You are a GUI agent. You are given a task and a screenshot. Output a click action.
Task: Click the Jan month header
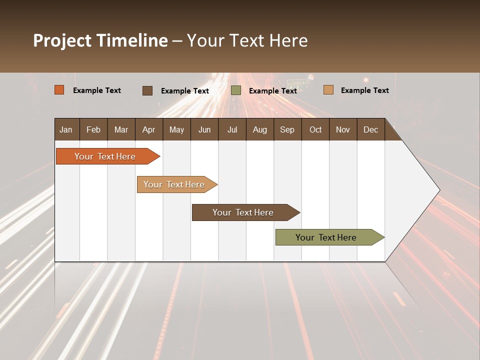click(66, 130)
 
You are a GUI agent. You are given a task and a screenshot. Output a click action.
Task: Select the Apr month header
click(148, 130)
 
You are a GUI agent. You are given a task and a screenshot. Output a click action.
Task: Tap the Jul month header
click(232, 130)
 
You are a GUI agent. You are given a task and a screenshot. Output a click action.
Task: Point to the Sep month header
click(287, 130)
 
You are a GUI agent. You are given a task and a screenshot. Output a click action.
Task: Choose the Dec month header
click(370, 130)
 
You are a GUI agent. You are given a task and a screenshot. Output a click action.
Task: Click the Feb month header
click(93, 130)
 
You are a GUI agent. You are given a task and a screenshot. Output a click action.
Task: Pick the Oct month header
click(315, 130)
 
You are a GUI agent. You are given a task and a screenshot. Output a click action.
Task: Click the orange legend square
click(59, 90)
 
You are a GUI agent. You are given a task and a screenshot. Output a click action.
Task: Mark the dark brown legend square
click(147, 90)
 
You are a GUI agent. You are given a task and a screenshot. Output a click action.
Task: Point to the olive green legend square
click(236, 90)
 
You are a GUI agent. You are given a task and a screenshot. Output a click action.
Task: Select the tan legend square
click(328, 90)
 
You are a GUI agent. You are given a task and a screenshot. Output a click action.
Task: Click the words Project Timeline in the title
click(100, 40)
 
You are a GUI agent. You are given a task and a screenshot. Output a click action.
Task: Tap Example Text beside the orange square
click(97, 90)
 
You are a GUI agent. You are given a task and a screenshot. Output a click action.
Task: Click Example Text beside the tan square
click(364, 90)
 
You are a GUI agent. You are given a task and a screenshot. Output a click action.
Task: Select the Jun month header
click(204, 130)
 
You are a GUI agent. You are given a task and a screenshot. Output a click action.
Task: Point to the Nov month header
click(343, 130)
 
